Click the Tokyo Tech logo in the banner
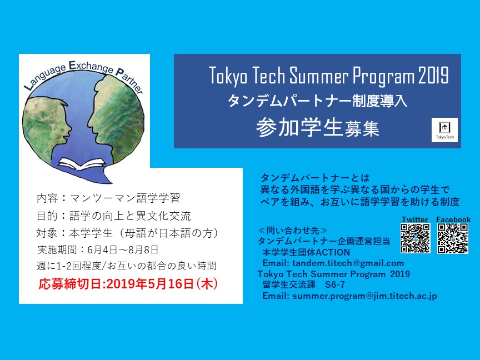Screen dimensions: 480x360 tap(445, 130)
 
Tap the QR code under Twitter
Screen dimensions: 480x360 tap(415, 238)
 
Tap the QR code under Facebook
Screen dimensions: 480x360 tap(452, 238)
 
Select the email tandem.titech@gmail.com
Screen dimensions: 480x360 tap(348, 263)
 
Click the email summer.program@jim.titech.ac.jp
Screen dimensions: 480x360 tap(364, 296)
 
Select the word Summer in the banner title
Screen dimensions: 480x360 tap(319, 76)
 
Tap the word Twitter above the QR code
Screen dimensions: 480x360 tap(415, 219)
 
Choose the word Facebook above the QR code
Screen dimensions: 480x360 tap(453, 219)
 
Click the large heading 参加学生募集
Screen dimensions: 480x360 tap(318, 127)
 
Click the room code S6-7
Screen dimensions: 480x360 tap(335, 284)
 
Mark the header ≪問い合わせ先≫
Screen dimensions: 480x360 tap(293, 230)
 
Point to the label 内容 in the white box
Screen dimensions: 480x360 tap(47, 198)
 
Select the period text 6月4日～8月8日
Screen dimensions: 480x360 tap(123, 250)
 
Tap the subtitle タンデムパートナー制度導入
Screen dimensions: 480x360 tap(317, 101)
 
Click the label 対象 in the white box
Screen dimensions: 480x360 tap(47, 233)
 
